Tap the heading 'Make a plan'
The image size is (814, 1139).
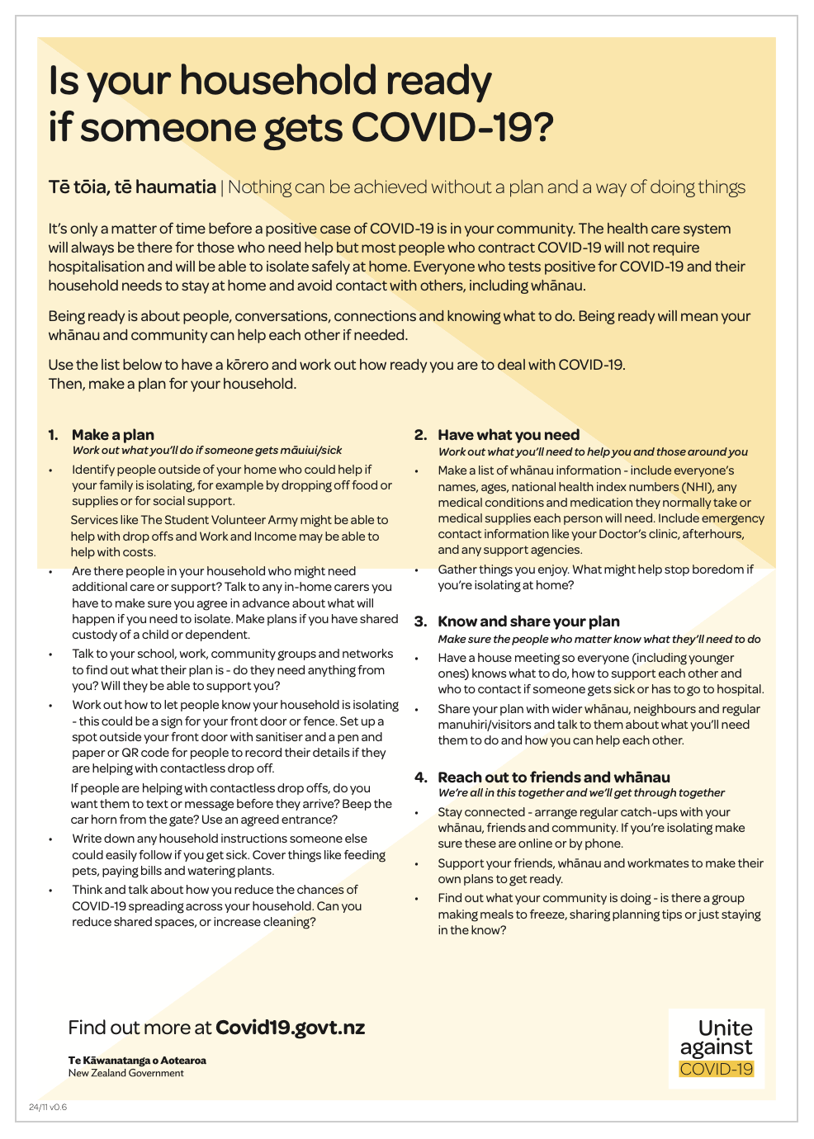(113, 435)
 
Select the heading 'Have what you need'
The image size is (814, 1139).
(509, 435)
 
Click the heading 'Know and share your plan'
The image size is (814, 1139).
(528, 621)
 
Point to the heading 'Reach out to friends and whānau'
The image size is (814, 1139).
(554, 777)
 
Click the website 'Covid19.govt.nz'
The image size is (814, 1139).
(290, 1028)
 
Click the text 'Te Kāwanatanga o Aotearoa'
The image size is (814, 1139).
(137, 1061)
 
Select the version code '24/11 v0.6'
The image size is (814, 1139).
(48, 1107)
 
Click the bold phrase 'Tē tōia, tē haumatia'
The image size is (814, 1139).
(132, 187)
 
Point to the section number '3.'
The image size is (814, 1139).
(421, 621)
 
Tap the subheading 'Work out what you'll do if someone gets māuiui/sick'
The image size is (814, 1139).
(207, 451)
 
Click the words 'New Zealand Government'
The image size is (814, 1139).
(125, 1073)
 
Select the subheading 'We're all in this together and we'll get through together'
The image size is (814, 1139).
(581, 793)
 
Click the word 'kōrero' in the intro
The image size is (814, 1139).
(249, 365)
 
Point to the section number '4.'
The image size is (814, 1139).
(421, 777)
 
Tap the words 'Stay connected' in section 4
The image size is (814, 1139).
(481, 812)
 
